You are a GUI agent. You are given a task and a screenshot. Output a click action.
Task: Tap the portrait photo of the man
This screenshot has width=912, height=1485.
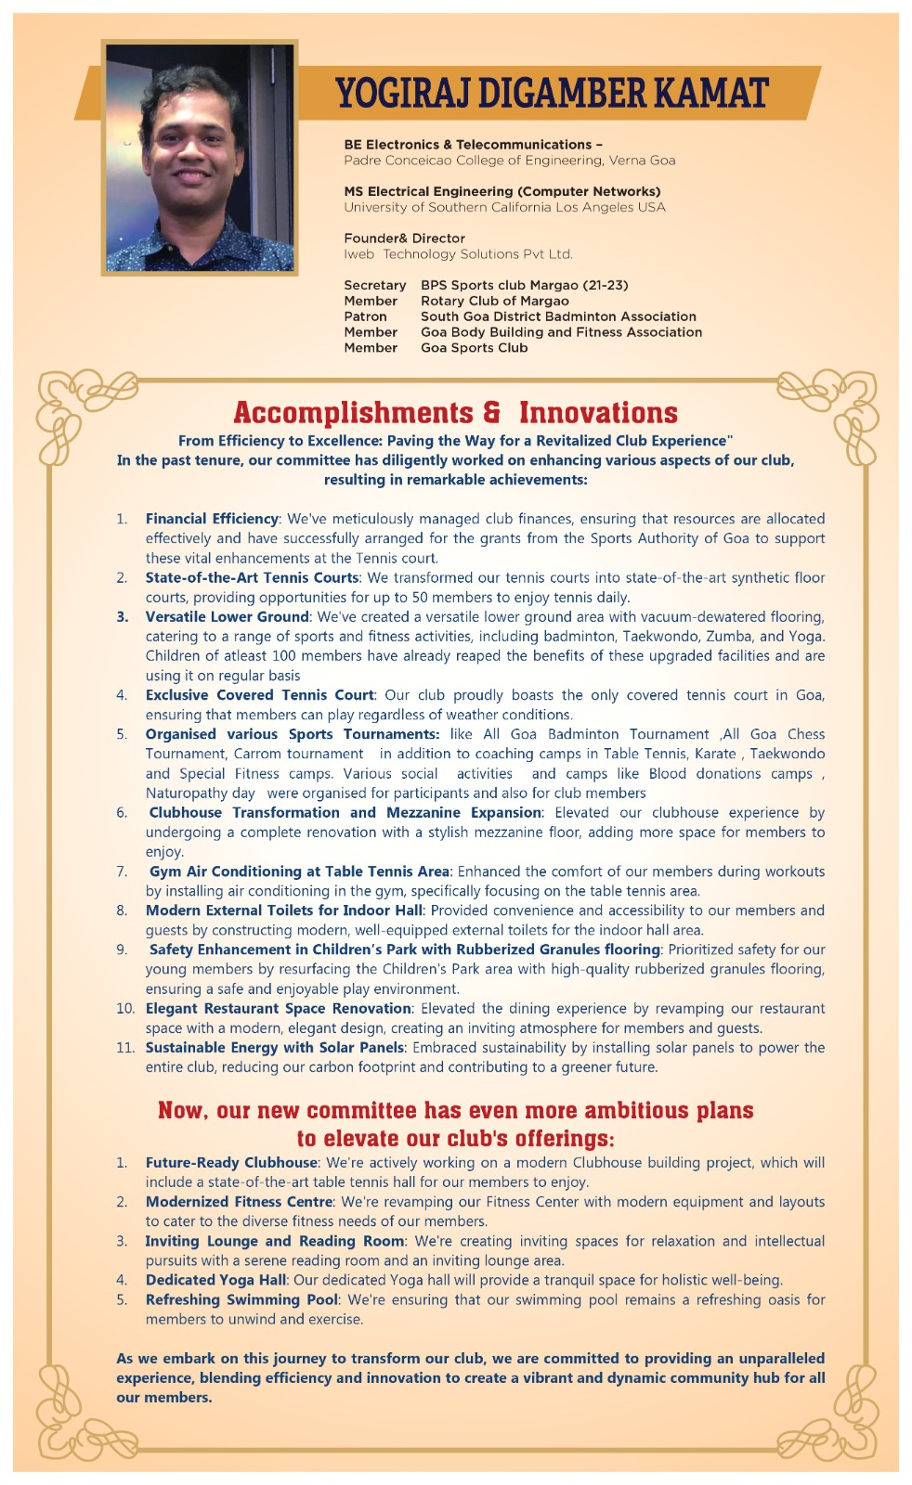(x=200, y=158)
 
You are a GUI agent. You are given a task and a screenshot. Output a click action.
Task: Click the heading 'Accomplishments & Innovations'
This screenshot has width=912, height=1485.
(x=455, y=412)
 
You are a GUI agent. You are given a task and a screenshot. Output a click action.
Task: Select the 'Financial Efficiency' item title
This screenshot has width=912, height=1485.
(x=212, y=519)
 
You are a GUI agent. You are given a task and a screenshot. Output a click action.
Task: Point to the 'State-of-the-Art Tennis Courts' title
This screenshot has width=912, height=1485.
(x=252, y=577)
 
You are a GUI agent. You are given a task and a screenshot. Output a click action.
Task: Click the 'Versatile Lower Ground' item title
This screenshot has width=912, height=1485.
(x=227, y=616)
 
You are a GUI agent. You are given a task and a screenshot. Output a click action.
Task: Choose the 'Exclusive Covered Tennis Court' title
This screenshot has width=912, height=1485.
(x=259, y=695)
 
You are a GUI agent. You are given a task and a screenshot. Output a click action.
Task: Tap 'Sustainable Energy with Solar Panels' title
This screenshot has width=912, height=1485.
(x=274, y=1047)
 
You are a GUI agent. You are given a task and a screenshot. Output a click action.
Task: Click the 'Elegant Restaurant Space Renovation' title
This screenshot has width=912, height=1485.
(x=278, y=1008)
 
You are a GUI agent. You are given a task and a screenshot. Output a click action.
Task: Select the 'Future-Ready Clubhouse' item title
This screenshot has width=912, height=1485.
(x=231, y=1162)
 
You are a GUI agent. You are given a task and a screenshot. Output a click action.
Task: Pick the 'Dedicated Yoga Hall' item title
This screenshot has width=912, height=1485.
(x=215, y=1280)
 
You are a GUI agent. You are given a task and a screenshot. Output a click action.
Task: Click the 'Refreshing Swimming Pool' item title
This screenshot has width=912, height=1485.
(x=241, y=1299)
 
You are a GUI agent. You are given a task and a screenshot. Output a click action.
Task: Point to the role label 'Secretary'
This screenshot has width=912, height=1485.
(x=374, y=285)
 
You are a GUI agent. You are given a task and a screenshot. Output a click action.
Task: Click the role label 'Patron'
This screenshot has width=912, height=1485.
(x=365, y=316)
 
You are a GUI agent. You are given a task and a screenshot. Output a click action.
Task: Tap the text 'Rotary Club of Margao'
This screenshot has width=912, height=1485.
(x=494, y=301)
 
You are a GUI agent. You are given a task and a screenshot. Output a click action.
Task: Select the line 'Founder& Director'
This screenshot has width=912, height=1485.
(x=404, y=239)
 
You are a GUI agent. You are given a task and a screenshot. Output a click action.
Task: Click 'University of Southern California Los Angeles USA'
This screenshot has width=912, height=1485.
(x=504, y=207)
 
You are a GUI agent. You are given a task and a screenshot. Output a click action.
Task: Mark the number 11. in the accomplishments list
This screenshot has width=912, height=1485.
(x=125, y=1047)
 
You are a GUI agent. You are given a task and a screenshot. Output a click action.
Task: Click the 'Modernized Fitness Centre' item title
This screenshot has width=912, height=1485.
(x=239, y=1202)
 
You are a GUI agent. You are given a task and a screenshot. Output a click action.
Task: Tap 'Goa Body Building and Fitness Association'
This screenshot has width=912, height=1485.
(x=561, y=332)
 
